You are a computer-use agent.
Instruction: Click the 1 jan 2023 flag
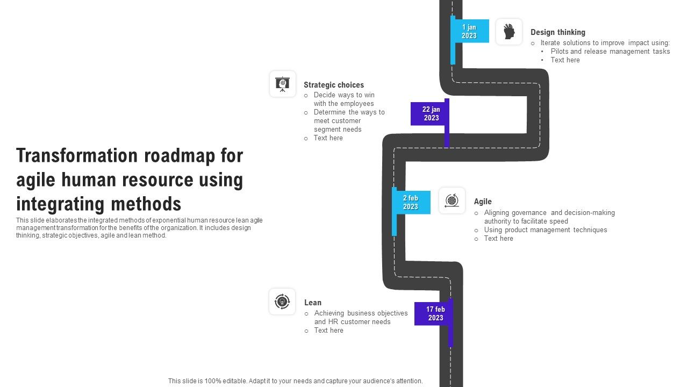(469, 31)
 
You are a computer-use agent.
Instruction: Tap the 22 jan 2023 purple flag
(431, 113)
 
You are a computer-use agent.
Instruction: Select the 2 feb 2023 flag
(411, 202)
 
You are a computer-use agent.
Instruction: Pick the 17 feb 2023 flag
(434, 313)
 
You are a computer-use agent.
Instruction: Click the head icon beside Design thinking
(508, 32)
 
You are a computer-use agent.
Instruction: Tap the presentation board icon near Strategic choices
(282, 84)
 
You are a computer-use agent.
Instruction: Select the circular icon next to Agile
(451, 200)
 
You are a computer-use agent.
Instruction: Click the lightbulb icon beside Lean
(282, 302)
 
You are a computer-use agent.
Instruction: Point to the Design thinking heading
(557, 32)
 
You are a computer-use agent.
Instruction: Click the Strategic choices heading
(333, 85)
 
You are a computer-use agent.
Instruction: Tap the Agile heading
(482, 202)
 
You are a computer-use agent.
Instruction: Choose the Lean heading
(312, 303)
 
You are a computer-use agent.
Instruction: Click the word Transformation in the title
(77, 156)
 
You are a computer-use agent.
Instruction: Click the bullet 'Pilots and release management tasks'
(610, 52)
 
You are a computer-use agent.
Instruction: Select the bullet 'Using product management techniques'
(545, 230)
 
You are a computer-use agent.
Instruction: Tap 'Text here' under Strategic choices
(328, 138)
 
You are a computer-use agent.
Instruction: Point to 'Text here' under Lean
(328, 331)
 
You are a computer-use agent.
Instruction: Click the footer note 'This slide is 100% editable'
(295, 381)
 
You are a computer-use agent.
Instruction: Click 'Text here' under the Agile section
(498, 239)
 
